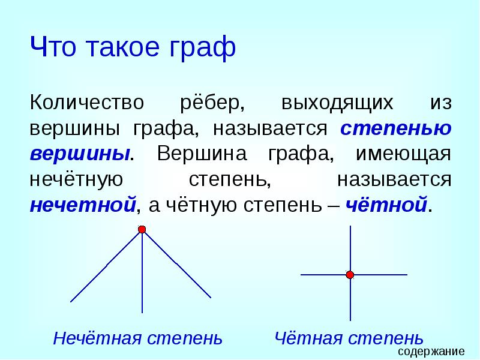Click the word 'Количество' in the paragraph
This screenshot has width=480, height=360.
(87, 102)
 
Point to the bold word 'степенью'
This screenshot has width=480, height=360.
(396, 128)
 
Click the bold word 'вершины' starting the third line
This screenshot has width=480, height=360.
(80, 153)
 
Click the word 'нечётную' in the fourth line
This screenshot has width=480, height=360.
(76, 179)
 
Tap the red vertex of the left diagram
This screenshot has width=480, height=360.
(142, 229)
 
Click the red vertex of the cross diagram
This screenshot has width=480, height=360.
(350, 275)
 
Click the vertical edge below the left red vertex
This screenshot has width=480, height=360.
(142, 276)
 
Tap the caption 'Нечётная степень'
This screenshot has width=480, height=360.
(137, 338)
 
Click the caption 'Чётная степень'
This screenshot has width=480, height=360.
(349, 338)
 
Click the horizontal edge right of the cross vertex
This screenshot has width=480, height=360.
(381, 275)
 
